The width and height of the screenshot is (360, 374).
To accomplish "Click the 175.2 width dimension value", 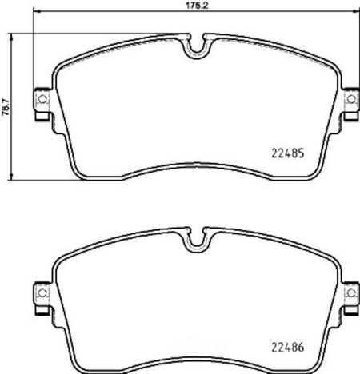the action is (196, 6).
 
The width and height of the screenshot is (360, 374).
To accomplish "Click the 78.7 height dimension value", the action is (6, 106).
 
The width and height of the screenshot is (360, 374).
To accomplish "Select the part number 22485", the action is (288, 153).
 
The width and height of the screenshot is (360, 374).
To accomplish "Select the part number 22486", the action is (288, 347).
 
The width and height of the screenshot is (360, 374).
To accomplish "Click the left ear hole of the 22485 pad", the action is (42, 99).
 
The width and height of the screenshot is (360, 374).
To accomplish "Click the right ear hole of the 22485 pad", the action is (351, 99).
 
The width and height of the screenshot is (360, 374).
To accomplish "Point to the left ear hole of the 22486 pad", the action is (42, 292).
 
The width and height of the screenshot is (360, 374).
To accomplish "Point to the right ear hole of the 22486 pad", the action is (351, 293).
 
